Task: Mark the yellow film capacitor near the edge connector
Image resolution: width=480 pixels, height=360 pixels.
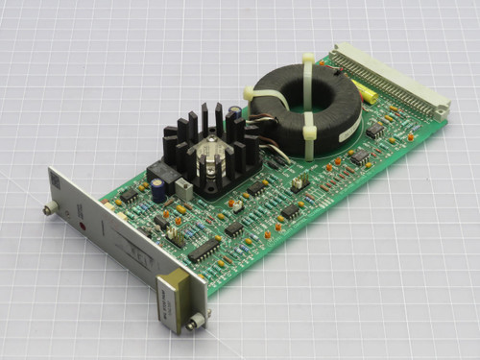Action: click(x=366, y=93)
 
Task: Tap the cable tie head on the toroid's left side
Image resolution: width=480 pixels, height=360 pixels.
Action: click(x=252, y=94)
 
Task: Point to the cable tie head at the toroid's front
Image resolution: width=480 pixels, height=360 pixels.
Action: click(x=311, y=132)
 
